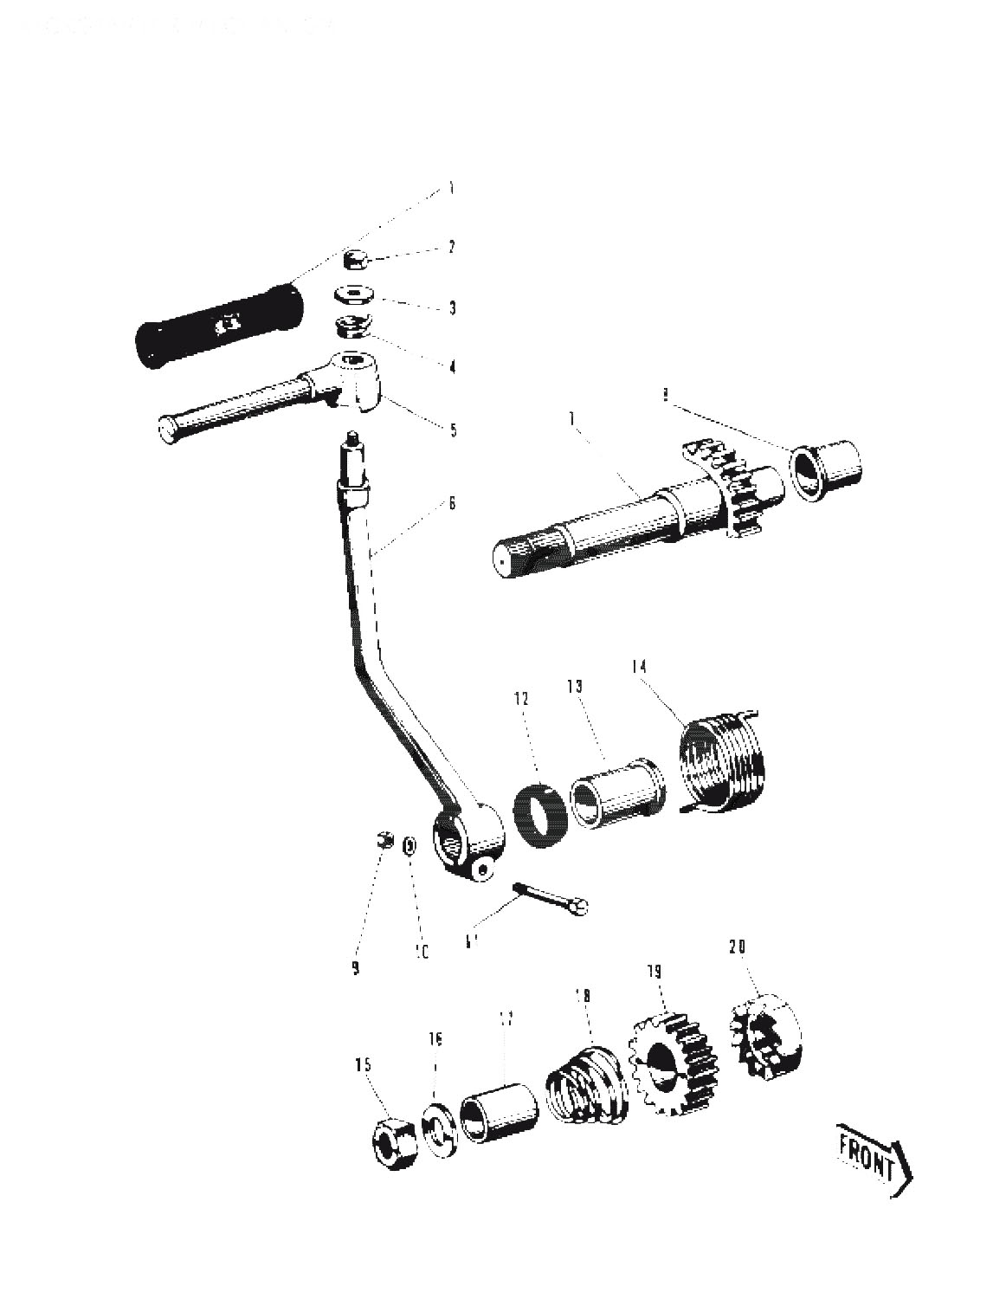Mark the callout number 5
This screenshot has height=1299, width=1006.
(x=452, y=430)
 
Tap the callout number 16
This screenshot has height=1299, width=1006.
(x=435, y=1038)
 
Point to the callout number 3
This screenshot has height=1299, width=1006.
(x=452, y=308)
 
